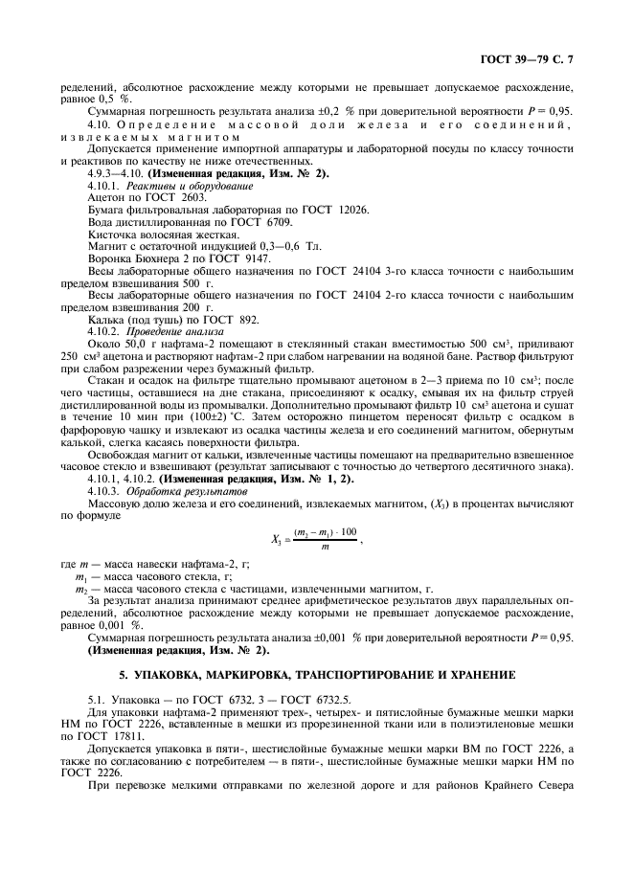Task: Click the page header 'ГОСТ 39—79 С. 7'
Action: pos(531,59)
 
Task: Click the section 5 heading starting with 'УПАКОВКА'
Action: pos(316,675)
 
